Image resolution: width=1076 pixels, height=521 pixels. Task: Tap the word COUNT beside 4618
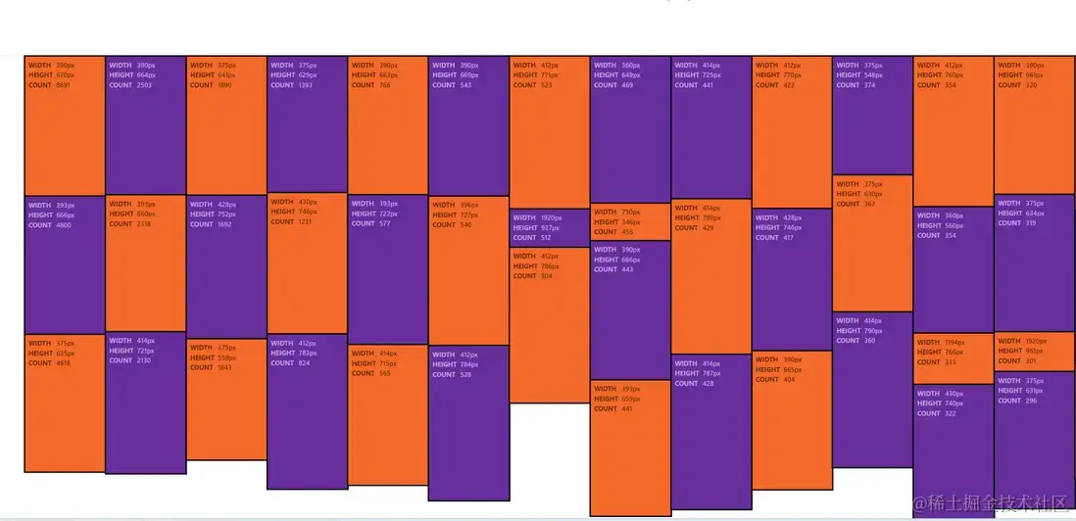[40, 363]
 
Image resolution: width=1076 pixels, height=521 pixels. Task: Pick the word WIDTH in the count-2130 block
[121, 341]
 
